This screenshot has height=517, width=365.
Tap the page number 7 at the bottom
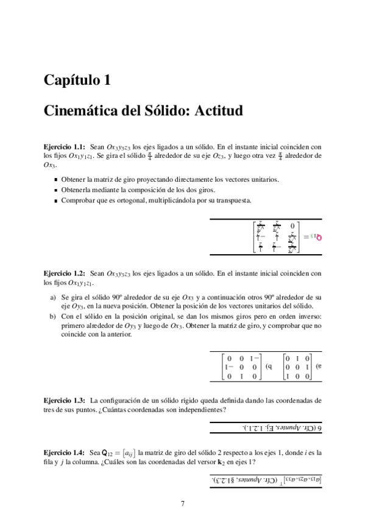182,503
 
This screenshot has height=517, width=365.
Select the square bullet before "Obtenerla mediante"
55,190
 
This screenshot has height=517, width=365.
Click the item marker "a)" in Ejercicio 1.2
51,296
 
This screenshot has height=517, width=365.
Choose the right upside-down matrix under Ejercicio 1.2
298,368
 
